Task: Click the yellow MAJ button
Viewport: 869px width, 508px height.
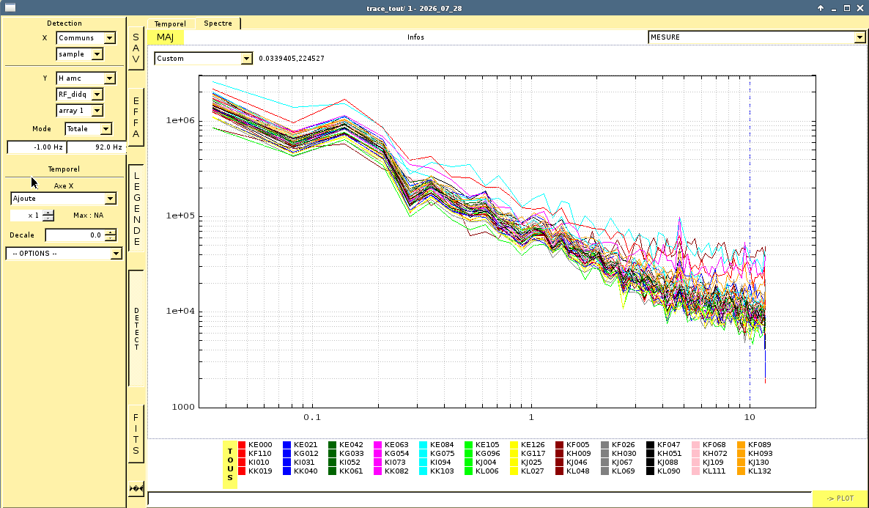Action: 165,37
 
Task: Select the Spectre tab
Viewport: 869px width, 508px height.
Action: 218,23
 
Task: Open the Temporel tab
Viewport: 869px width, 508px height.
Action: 170,24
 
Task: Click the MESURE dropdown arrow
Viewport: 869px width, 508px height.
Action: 859,37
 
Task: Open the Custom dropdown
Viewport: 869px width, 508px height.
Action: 204,58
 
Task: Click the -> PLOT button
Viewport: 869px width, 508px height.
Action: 840,498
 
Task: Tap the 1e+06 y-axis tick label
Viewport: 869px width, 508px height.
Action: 181,119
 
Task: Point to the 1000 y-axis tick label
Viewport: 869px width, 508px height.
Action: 183,407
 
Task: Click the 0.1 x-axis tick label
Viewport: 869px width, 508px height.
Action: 312,417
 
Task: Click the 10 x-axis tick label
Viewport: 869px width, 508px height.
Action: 750,417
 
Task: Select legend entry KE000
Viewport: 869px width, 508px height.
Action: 256,445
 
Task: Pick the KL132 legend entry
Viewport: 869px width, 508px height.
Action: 755,471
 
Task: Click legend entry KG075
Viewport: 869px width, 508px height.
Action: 437,454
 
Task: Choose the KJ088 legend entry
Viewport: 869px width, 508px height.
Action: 663,463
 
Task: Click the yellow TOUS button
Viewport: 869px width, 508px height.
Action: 230,465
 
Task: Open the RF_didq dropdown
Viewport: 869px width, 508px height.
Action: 79,95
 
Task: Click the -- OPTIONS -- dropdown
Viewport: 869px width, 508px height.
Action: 64,254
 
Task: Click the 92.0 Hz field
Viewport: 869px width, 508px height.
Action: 97,147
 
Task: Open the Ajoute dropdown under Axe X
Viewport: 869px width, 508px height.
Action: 63,199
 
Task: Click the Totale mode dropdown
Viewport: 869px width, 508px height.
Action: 88,129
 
